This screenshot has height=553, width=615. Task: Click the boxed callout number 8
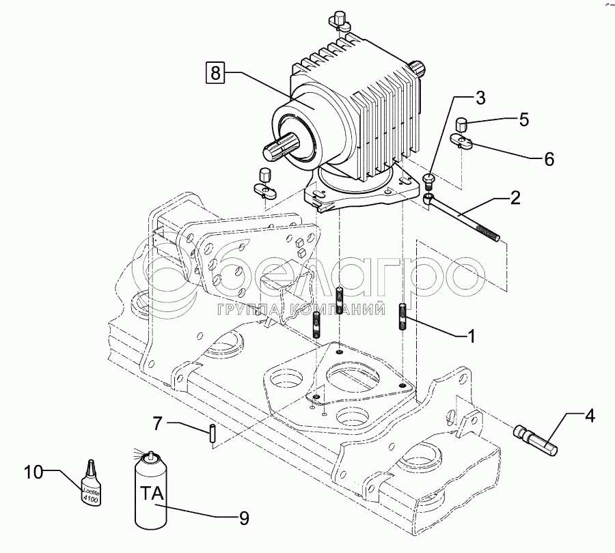[x=215, y=72]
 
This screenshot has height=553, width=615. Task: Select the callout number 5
[x=523, y=119]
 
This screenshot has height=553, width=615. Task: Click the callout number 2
[x=516, y=198]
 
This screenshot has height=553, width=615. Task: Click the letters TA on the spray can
[x=153, y=494]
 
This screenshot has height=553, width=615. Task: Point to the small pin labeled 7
[x=213, y=433]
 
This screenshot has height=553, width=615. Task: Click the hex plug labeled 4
[x=536, y=440]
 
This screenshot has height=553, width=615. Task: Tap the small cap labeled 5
[x=461, y=124]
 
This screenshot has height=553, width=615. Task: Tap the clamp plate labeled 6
[x=463, y=141]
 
